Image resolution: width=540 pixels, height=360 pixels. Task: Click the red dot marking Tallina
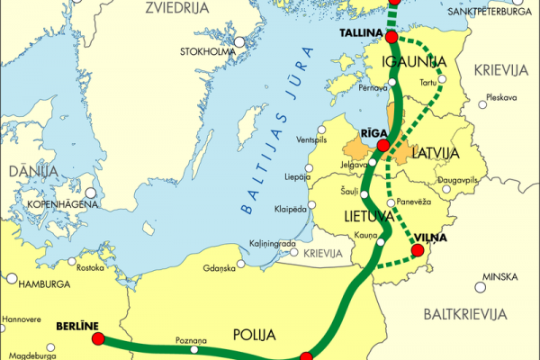point(391,37)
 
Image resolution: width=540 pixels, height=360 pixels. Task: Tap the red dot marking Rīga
point(383,146)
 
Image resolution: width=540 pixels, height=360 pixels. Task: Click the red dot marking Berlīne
point(98,339)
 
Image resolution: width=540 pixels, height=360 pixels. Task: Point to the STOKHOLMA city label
point(207,50)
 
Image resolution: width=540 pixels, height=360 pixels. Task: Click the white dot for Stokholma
point(239,41)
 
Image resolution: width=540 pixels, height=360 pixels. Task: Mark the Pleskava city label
point(500,96)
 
